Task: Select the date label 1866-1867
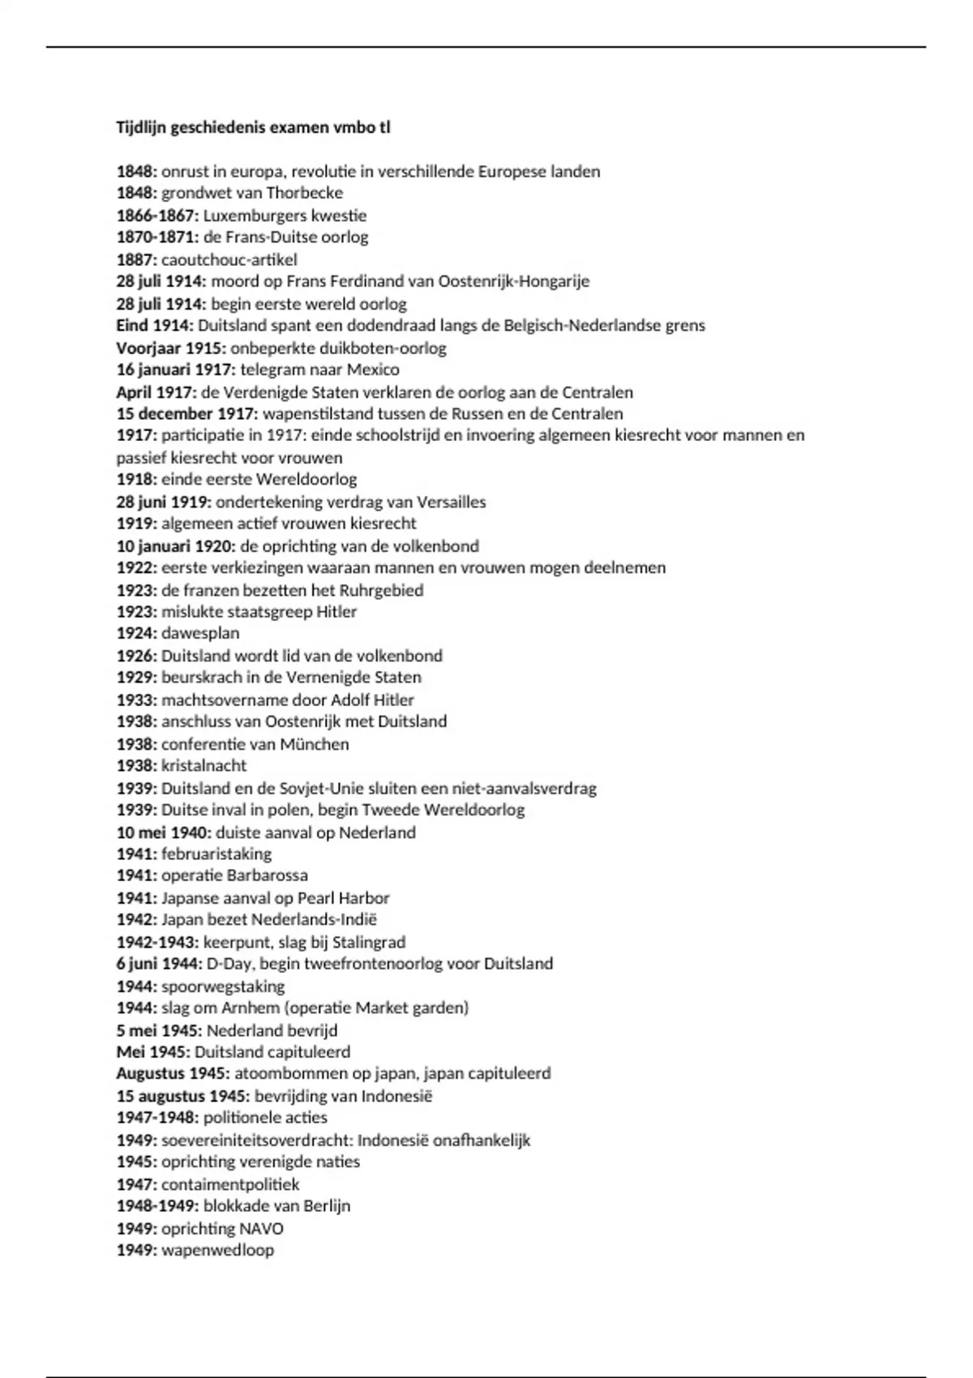tap(157, 216)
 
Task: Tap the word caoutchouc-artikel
tap(229, 259)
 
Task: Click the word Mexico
tap(373, 370)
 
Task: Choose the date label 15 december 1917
tap(187, 413)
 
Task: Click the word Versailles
tap(450, 502)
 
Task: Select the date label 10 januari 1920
tap(175, 546)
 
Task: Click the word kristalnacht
tap(204, 765)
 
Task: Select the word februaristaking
tap(216, 854)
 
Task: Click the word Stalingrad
tap(369, 942)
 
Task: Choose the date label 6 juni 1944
tap(159, 964)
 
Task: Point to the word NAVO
tap(262, 1228)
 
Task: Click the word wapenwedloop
tap(217, 1250)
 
